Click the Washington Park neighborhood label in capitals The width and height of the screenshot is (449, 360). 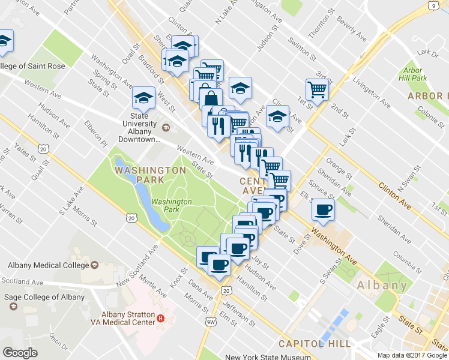tap(151, 170)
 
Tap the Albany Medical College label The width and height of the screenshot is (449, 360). tap(48, 265)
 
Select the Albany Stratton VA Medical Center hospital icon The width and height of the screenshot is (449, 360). tap(161, 318)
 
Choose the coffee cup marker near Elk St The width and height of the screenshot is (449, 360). tap(324, 209)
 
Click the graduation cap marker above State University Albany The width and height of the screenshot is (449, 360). tap(144, 97)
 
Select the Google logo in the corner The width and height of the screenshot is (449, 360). tap(20, 352)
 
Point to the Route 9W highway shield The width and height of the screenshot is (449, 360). tap(210, 323)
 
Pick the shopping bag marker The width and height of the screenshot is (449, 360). tap(211, 97)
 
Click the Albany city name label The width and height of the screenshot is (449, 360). tap(382, 286)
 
